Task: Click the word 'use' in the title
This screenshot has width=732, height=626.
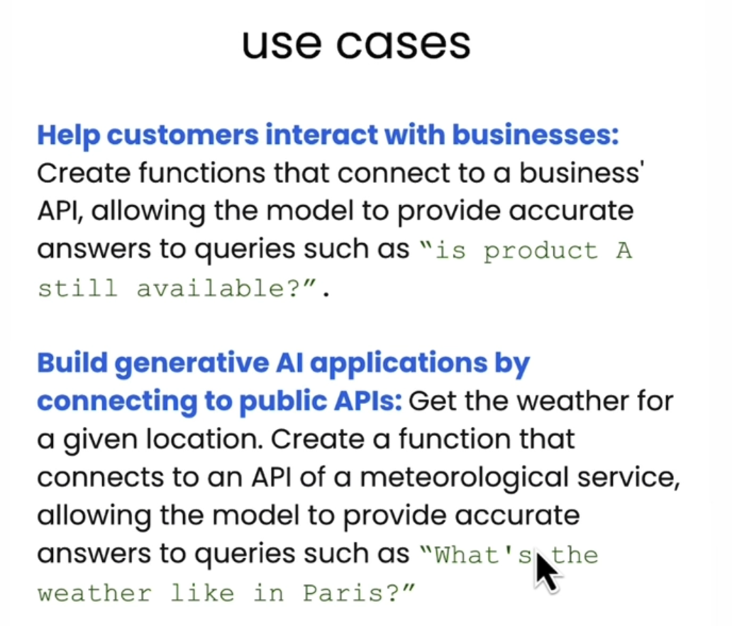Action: coord(282,45)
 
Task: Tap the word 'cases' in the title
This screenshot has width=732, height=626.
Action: coord(404,45)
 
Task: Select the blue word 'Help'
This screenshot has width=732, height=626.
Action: coord(69,135)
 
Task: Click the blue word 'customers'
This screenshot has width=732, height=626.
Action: coord(182,135)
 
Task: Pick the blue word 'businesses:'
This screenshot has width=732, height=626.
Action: coord(536,135)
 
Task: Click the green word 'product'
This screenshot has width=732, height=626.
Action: coord(540,252)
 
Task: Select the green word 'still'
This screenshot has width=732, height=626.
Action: coord(77,288)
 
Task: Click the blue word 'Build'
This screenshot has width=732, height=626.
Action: coord(72,362)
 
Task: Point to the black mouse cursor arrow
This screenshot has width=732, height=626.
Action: coord(547,573)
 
